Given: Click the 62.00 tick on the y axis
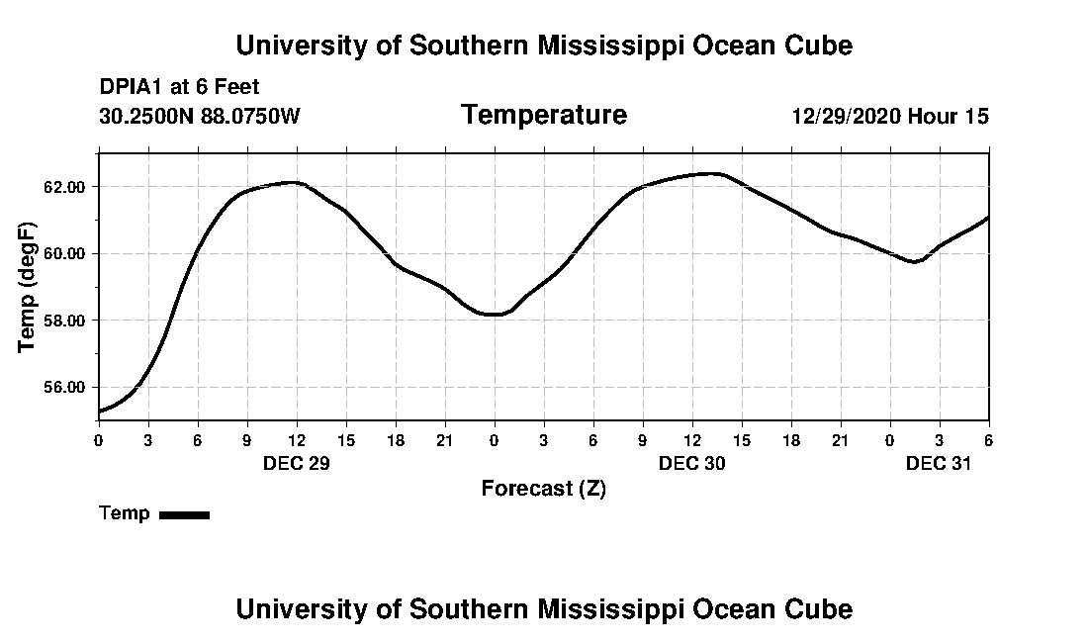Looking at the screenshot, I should pos(71,187).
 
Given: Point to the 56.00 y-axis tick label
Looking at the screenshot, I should pos(71,387).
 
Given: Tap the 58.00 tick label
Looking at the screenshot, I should pos(71,321).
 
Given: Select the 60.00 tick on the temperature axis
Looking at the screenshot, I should pos(71,253).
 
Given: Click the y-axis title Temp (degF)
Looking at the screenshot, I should pos(28,287).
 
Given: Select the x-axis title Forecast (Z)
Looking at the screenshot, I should pos(543,489).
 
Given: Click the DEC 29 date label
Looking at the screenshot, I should pos(296,463).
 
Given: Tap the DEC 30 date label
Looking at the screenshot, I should pos(691,463).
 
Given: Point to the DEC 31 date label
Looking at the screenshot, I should pos(939,463).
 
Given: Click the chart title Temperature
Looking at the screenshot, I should pos(543,116).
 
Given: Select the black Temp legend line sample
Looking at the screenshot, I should pos(185,514).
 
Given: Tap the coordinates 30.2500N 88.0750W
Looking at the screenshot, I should pos(200,117).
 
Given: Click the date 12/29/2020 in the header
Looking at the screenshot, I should pos(846,117).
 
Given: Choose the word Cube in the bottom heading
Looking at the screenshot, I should pos(820,608).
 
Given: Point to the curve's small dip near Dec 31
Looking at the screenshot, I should pos(916,262).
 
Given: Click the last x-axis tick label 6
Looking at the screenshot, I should pos(988,439).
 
